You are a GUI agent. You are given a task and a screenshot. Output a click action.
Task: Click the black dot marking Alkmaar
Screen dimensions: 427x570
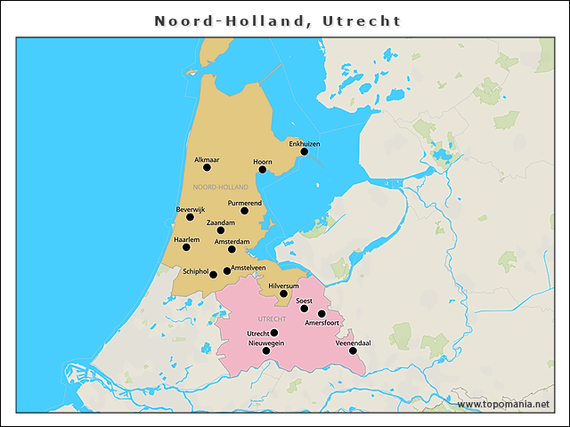(x=207, y=167)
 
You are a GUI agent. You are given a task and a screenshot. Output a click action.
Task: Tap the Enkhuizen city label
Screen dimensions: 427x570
(x=305, y=143)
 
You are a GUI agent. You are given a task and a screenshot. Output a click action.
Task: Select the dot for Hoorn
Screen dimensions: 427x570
(x=262, y=169)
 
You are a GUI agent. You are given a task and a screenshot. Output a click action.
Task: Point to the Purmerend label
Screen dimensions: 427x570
(x=245, y=203)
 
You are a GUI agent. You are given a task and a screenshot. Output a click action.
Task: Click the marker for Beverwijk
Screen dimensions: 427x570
(x=190, y=217)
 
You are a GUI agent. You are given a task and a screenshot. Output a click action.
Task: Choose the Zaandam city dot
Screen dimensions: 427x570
(x=221, y=230)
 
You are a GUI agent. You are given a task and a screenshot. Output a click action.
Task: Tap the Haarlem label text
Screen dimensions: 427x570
(x=186, y=238)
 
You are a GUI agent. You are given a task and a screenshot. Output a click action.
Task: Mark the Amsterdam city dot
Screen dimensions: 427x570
(x=232, y=249)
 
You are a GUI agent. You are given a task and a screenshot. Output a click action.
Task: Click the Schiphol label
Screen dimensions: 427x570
(x=195, y=271)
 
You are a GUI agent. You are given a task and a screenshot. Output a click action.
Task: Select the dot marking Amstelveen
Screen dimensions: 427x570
(x=226, y=270)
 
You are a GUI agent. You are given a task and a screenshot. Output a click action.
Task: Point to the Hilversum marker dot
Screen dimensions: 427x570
(x=284, y=294)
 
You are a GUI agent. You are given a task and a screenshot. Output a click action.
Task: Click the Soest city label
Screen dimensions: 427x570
(x=305, y=301)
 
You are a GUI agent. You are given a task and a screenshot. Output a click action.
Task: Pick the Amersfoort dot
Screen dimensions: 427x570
(x=322, y=314)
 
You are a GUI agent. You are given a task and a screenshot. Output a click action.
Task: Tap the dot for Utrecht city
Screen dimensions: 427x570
(x=274, y=333)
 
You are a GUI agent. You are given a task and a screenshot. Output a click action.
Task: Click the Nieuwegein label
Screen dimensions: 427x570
(x=265, y=342)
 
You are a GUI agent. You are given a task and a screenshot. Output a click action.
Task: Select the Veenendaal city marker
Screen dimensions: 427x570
(x=353, y=350)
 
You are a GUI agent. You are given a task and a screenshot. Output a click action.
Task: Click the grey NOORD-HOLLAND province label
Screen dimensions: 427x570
(x=221, y=188)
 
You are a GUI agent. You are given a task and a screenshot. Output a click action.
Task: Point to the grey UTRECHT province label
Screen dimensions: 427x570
(x=271, y=318)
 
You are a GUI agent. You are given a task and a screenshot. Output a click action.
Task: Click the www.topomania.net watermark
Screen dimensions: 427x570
(x=504, y=404)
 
